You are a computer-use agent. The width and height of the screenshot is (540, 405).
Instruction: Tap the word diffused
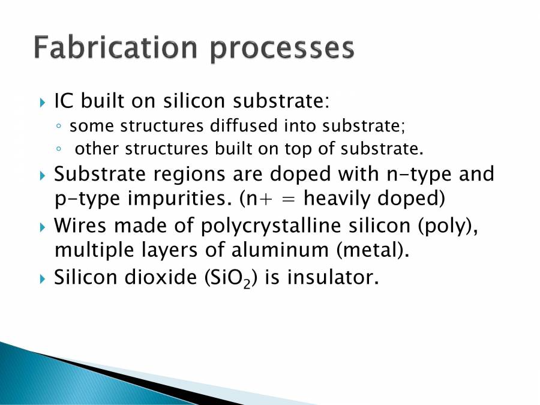pyautogui.click(x=244, y=126)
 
